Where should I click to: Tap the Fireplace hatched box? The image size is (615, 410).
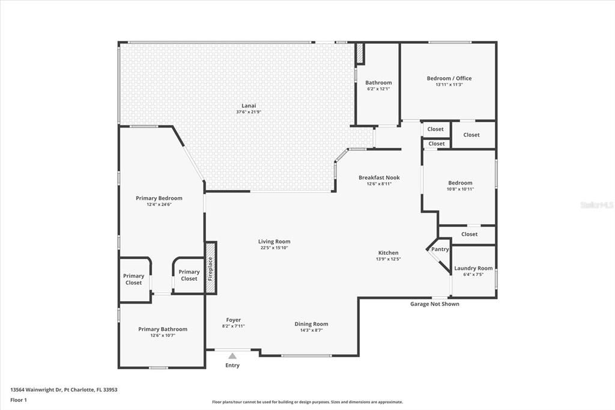(211, 268)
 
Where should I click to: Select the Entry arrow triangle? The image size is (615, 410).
(232, 356)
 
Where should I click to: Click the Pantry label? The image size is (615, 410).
(440, 249)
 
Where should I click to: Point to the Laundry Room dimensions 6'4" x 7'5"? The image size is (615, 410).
(473, 275)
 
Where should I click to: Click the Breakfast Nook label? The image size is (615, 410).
(379, 177)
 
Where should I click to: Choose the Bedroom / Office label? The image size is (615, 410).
(449, 78)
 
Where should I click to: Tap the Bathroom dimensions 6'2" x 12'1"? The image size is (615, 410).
(378, 89)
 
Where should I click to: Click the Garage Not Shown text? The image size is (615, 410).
(435, 304)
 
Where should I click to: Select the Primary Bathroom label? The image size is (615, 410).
(163, 329)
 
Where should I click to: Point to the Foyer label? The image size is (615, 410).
(234, 320)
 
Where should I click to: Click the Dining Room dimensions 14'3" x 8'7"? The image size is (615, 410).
(311, 330)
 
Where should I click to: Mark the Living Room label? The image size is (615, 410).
(275, 242)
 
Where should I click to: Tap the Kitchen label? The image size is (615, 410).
(388, 252)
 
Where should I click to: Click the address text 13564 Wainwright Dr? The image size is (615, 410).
(64, 390)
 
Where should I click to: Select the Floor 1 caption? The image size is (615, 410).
(19, 400)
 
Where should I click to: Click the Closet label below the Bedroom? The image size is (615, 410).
(470, 234)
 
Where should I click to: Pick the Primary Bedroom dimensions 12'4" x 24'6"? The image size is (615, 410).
(159, 204)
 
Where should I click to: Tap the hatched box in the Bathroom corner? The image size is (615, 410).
(360, 54)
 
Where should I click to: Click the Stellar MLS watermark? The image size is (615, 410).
(597, 205)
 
